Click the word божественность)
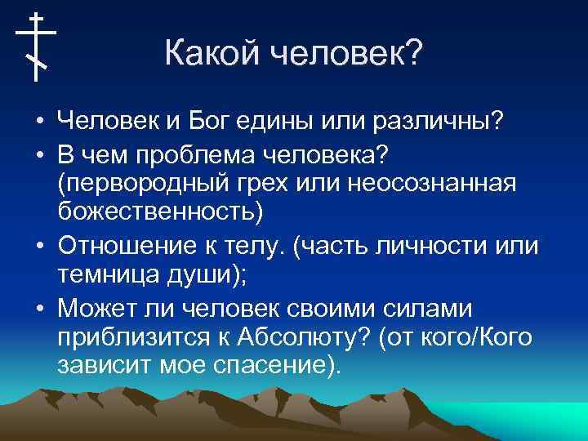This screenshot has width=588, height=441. (x=161, y=212)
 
